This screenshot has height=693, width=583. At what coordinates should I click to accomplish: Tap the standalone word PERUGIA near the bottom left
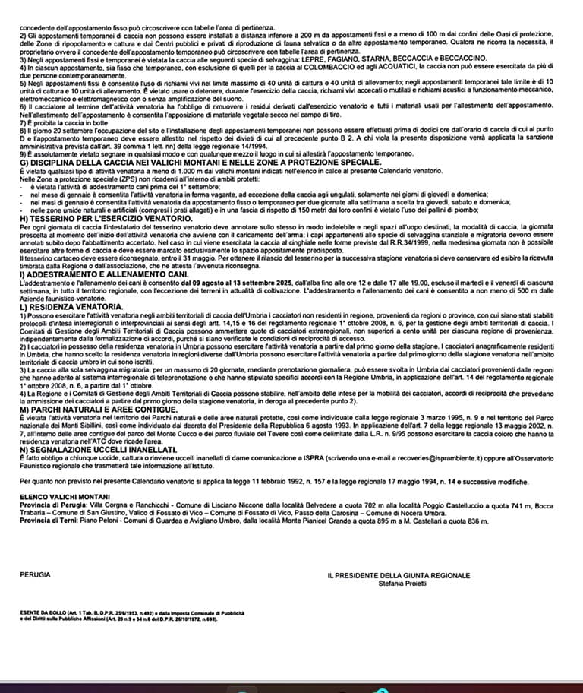pos(36,575)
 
